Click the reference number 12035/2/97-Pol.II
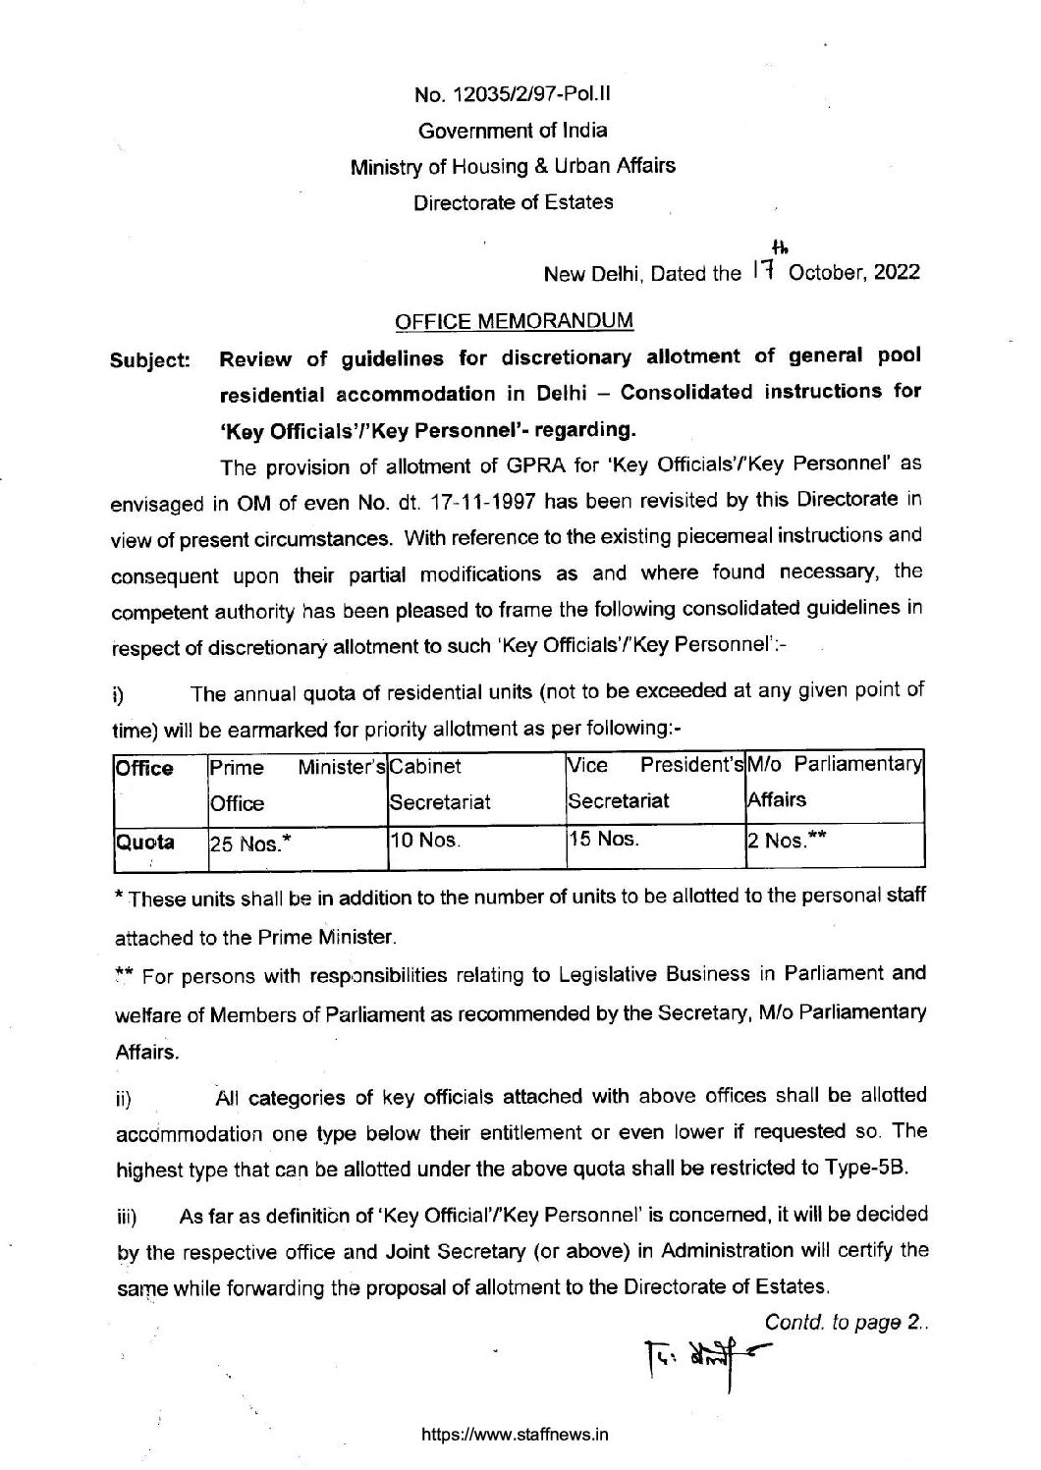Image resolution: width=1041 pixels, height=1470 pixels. pyautogui.click(x=515, y=95)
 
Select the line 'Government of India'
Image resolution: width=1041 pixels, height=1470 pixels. pyautogui.click(x=514, y=131)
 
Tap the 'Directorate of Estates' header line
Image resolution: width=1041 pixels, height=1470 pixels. pyautogui.click(x=514, y=202)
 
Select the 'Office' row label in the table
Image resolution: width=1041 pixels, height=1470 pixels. pyautogui.click(x=144, y=768)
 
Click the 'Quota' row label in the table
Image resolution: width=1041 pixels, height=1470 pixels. pyautogui.click(x=145, y=842)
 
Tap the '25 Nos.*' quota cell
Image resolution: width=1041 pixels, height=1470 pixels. pyautogui.click(x=246, y=843)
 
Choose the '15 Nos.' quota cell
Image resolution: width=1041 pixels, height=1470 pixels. pyautogui.click(x=604, y=841)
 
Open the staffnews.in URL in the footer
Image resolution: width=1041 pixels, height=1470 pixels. pyautogui.click(x=515, y=1434)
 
